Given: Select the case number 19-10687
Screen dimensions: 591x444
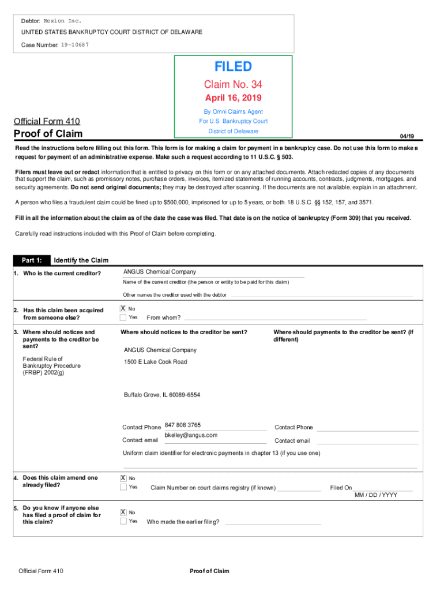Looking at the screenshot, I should point(75,44).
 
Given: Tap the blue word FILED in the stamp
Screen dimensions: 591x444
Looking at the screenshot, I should point(234,67).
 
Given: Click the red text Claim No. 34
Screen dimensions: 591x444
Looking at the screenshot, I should point(234,85).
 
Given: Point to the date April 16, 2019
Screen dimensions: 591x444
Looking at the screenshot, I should point(234,98).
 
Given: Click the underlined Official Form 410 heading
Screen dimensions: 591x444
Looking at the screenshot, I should point(46,121).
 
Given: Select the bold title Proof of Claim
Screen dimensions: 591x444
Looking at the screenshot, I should point(48,134).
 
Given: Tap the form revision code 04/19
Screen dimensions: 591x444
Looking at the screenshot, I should point(407,136).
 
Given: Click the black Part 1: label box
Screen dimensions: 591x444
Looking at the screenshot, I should point(32,260).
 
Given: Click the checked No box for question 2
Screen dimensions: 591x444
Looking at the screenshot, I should point(123,309).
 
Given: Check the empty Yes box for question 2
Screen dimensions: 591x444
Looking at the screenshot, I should point(123,317).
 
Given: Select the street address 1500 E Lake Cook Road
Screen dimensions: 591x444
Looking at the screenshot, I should point(156,362).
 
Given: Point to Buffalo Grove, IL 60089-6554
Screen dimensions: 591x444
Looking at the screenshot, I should point(162,395).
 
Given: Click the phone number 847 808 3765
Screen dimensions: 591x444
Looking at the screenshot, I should point(183,425).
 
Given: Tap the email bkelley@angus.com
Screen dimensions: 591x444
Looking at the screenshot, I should point(191,435).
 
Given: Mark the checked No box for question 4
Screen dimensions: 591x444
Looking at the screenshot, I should point(123,478).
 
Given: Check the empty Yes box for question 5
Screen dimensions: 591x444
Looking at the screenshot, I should point(123,521).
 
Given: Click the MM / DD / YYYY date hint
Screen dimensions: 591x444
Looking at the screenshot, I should point(375,495).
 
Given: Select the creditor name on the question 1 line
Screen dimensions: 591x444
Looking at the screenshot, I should point(160,272).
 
